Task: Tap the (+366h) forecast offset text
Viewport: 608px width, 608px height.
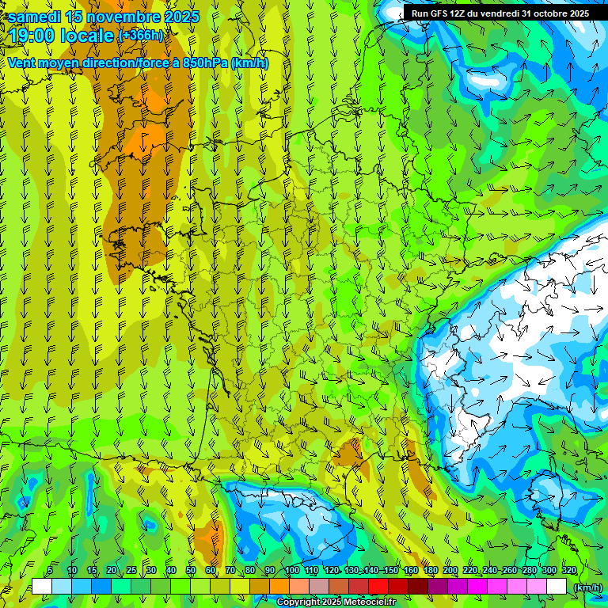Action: coord(141,36)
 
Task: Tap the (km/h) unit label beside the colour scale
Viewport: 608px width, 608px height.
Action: coord(587,587)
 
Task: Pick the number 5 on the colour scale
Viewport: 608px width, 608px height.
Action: coord(50,570)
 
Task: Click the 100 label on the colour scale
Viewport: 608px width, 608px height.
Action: coord(291,570)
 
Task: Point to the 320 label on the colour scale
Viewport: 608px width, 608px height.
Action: coord(568,570)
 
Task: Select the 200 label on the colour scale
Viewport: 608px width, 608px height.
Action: coord(450,570)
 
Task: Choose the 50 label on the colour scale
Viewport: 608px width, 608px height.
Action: coord(191,570)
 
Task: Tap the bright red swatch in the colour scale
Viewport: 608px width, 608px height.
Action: coord(378,586)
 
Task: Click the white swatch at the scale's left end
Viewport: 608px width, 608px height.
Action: coord(42,586)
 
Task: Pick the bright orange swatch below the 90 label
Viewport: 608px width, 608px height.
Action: coord(279,586)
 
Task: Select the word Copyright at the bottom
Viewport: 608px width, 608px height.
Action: coord(298,602)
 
